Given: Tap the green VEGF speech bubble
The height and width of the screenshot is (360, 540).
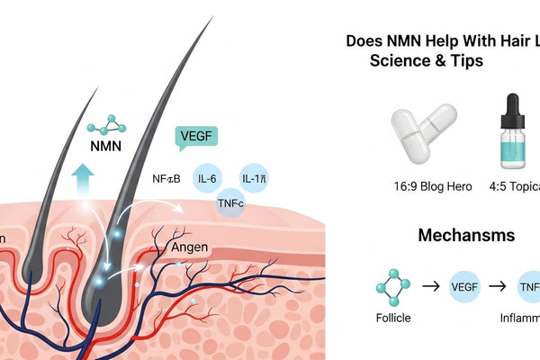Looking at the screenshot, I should (195, 138).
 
